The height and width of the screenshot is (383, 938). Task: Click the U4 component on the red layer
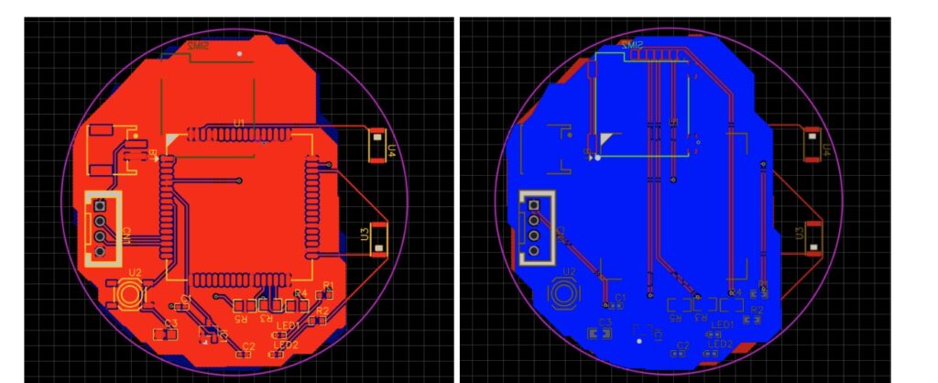pyautogui.click(x=376, y=146)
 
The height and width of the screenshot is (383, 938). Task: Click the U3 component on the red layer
pyautogui.click(x=376, y=235)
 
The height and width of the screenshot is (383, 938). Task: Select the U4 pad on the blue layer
pyautogui.click(x=811, y=146)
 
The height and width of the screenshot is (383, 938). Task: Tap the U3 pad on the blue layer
pyautogui.click(x=811, y=235)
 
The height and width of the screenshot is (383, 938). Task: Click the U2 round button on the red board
pyautogui.click(x=128, y=294)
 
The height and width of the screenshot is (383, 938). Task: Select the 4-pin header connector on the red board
pyautogui.click(x=103, y=228)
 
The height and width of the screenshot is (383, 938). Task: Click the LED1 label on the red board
pyautogui.click(x=288, y=326)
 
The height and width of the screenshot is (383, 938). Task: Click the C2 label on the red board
pyautogui.click(x=247, y=345)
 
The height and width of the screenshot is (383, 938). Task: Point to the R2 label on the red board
pyautogui.click(x=322, y=312)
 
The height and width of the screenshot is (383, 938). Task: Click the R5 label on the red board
pyautogui.click(x=241, y=319)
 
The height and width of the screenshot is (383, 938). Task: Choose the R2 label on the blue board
pyautogui.click(x=757, y=311)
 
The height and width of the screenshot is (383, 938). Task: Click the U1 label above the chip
pyautogui.click(x=239, y=123)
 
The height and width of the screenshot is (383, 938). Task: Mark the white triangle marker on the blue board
pyautogui.click(x=605, y=139)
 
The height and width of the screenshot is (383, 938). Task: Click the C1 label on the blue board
pyautogui.click(x=620, y=298)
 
